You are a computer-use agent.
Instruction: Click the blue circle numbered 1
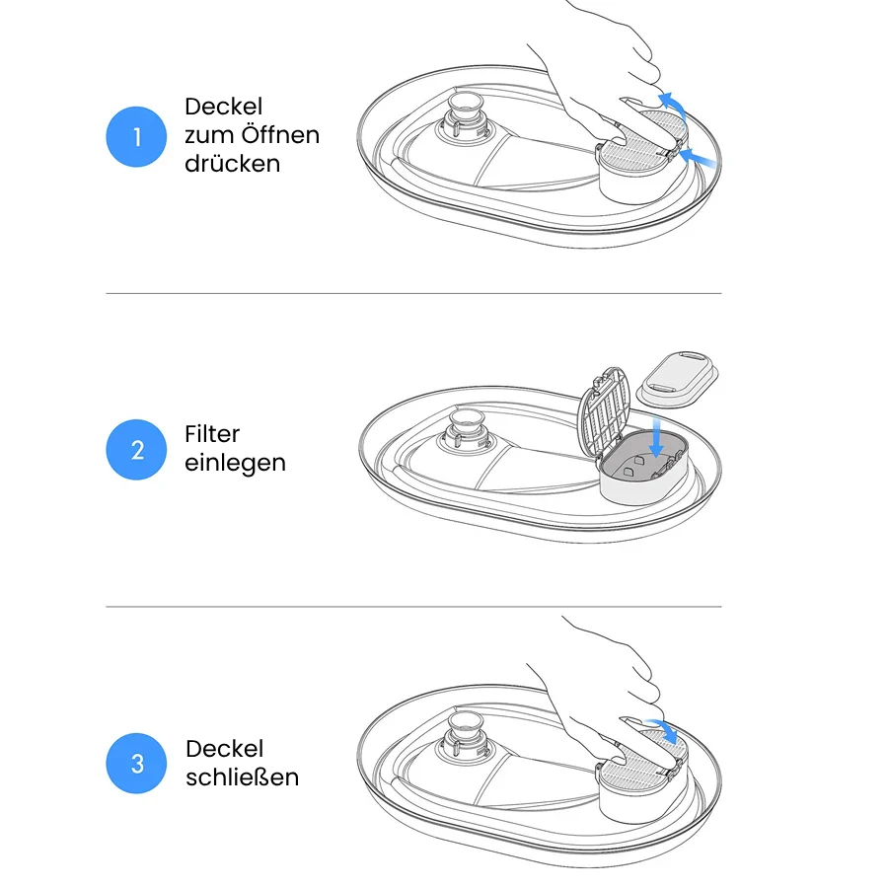coord(136,136)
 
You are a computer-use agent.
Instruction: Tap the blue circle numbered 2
coord(136,450)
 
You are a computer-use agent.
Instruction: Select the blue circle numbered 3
coord(136,764)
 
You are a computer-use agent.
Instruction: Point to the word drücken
coord(232,163)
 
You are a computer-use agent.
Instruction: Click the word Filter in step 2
coord(212,434)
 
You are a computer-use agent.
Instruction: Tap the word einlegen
coord(235,464)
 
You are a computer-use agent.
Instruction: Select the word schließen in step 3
coord(242,777)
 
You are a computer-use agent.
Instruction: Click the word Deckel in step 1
coord(223,106)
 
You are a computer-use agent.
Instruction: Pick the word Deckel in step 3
coord(224,749)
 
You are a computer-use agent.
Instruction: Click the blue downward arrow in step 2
coord(656,437)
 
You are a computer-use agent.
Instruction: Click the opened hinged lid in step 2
coord(603,412)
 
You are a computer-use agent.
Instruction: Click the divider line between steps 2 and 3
coord(413,607)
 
